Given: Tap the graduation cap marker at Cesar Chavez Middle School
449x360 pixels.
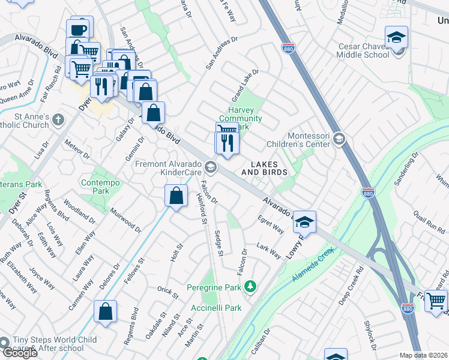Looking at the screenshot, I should [x=396, y=38].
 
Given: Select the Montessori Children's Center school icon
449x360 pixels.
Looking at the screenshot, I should [x=339, y=139].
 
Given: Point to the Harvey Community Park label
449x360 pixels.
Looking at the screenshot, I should [x=244, y=118].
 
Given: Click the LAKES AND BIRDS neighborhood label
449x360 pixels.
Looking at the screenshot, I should [x=265, y=168].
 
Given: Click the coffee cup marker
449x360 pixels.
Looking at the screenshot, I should [x=79, y=29].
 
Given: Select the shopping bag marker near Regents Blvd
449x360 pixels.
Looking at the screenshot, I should [x=106, y=311].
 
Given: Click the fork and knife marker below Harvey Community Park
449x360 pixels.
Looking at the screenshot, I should [x=227, y=143].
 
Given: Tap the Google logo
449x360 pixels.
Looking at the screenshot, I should [x=20, y=353].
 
